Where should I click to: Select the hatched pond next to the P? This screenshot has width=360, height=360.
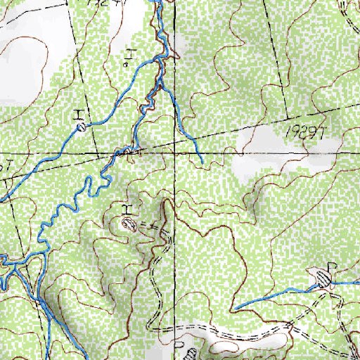click(323, 278)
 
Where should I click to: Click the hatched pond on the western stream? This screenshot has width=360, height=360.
click(82, 127)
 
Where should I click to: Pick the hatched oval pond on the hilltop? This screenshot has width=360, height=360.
click(129, 224)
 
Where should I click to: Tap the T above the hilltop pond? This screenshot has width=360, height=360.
click(127, 210)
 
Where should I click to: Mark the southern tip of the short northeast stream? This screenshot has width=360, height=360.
click(202, 164)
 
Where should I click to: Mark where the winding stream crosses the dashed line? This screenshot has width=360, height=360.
click(127, 150)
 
